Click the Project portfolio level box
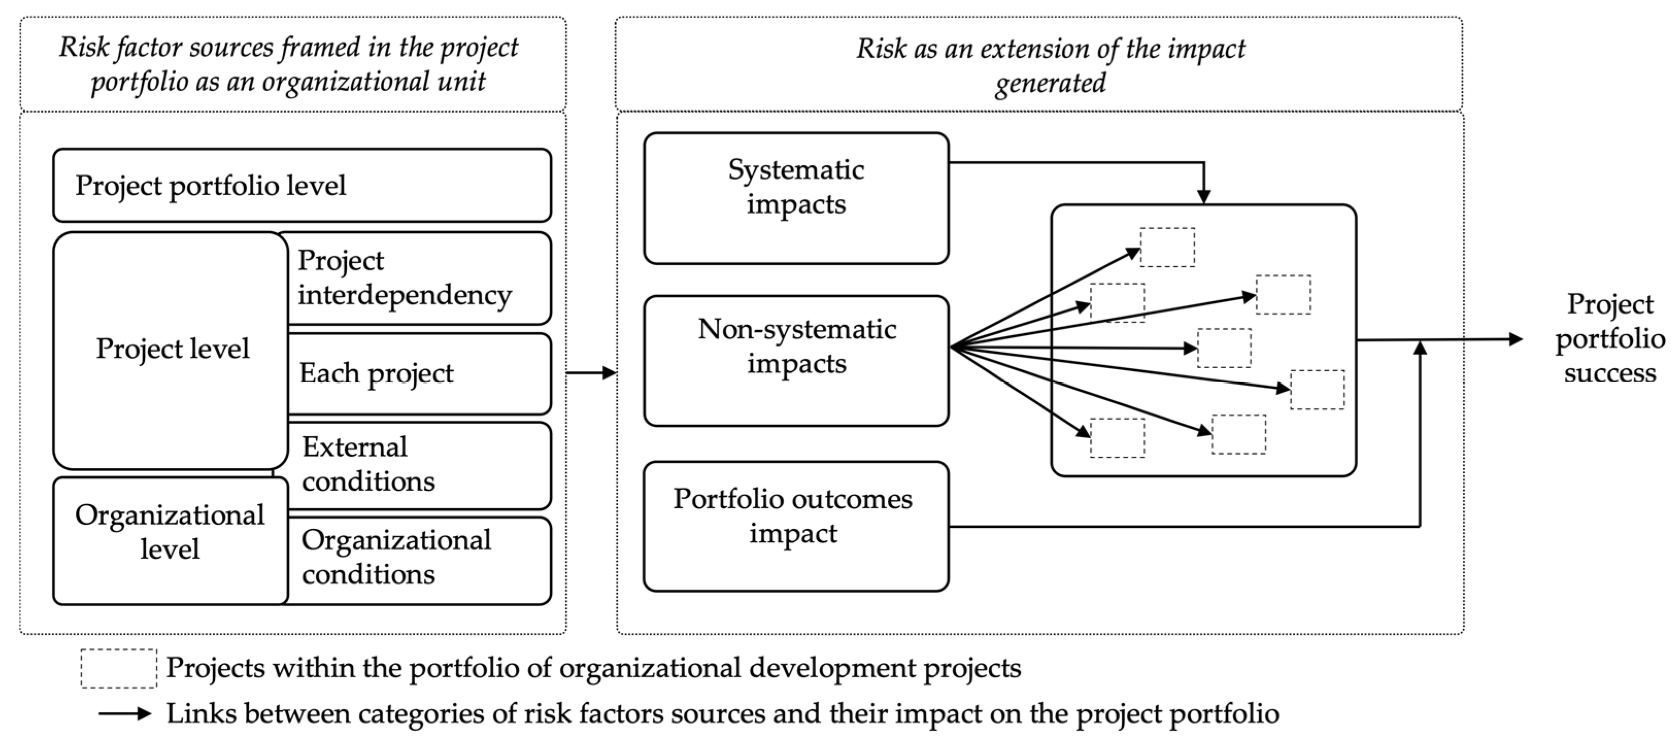[x=302, y=186]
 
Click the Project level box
[x=172, y=349]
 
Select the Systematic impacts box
[x=796, y=198]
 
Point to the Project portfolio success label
[x=1609, y=339]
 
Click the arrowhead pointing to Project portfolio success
[x=1515, y=339]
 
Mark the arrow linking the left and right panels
[x=591, y=373]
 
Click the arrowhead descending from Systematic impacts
[x=1204, y=197]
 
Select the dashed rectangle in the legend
[x=119, y=668]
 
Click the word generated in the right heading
[x=1050, y=83]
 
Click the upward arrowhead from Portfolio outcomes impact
[x=1421, y=349]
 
